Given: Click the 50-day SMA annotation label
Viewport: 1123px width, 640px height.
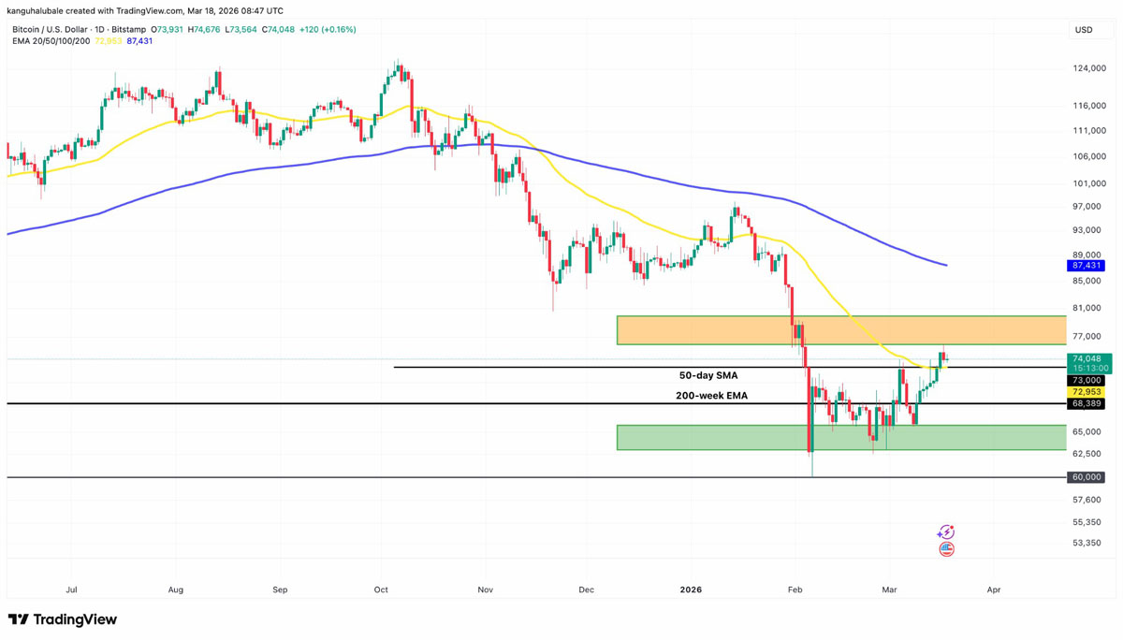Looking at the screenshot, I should click(708, 375).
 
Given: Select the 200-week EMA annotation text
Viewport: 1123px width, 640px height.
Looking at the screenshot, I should click(711, 396).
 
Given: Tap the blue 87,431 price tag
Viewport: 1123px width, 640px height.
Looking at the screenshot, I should click(1085, 266).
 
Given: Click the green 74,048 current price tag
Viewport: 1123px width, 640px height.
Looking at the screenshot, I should click(1087, 358).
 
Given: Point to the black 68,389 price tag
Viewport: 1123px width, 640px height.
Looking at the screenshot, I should click(1085, 403).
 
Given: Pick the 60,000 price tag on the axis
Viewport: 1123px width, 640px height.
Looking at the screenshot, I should click(1085, 477).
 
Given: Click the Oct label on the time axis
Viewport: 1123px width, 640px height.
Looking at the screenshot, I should click(380, 590).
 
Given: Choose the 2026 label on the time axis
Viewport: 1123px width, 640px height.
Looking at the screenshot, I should click(691, 590).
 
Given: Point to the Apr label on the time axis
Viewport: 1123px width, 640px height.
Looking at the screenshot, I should click(994, 590).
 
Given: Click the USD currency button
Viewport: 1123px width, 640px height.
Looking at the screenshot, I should click(1084, 30).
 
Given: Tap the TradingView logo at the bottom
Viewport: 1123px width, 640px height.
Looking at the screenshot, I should click(63, 619).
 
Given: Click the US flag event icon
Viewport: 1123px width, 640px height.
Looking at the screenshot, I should click(946, 549).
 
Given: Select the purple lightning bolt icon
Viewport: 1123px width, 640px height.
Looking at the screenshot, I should click(946, 532).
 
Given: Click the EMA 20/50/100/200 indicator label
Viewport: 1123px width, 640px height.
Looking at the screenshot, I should click(51, 41).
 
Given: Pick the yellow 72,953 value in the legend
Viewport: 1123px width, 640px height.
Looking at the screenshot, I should click(109, 41).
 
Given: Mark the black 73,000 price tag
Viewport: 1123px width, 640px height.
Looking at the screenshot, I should click(1085, 381).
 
